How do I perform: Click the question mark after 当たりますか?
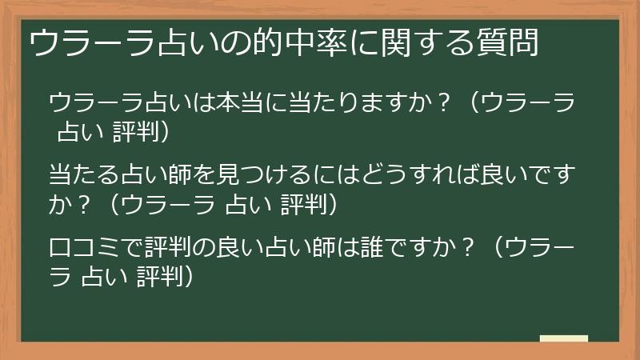(440, 104)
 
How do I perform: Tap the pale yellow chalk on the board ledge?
(563, 339)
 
